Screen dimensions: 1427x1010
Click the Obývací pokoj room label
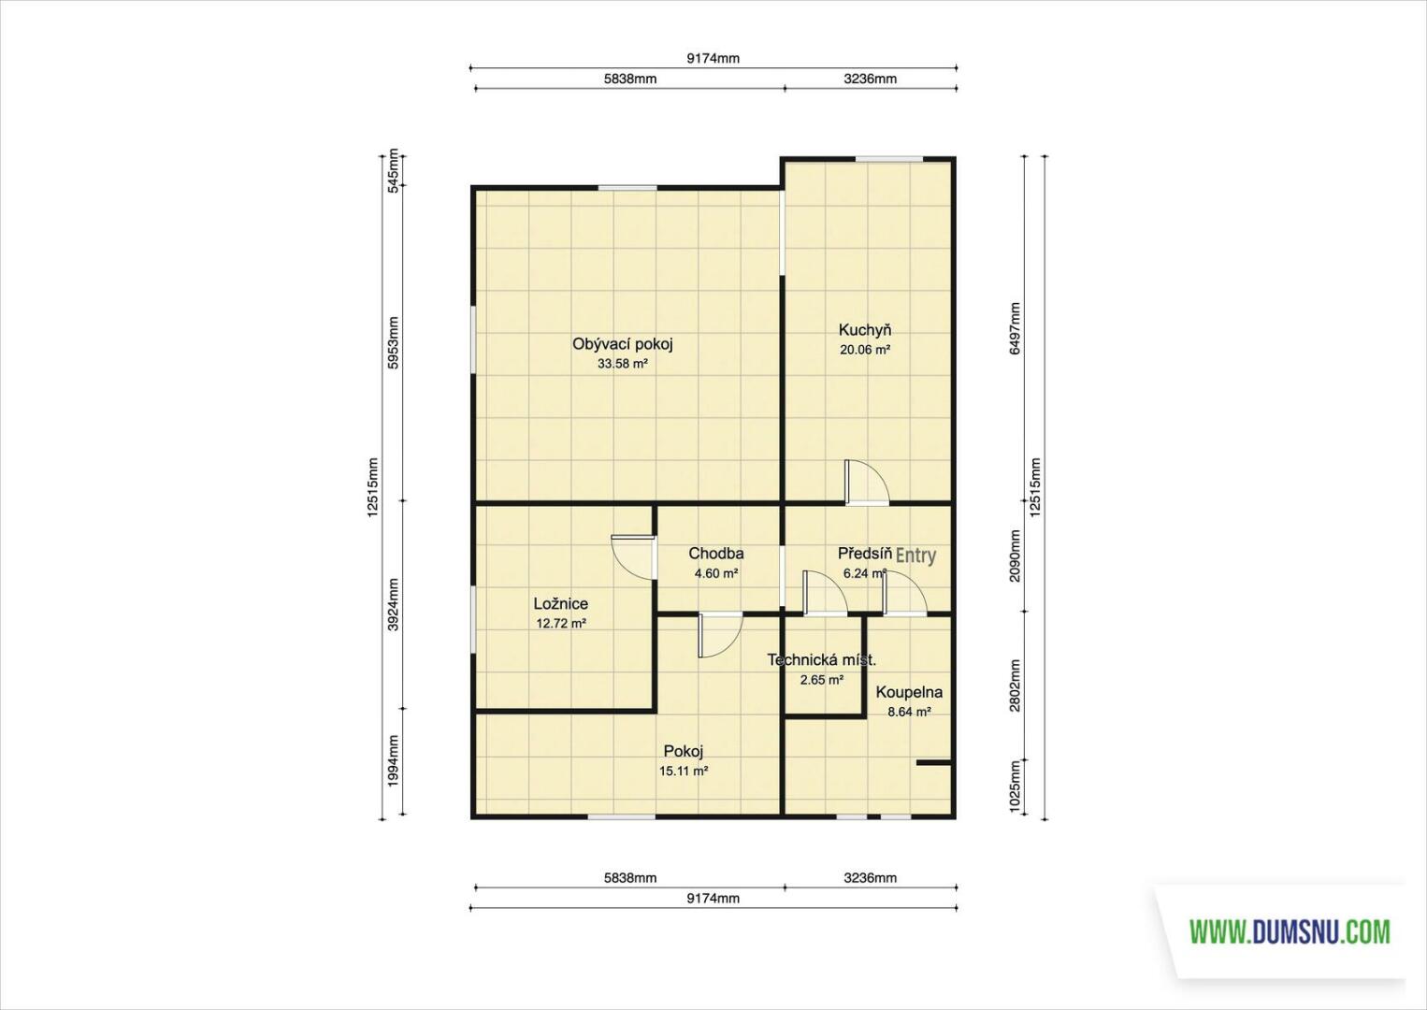(x=623, y=344)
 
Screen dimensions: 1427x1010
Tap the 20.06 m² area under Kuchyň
(x=864, y=349)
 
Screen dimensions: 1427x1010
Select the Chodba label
(x=716, y=553)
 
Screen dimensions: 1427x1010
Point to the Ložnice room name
(x=561, y=603)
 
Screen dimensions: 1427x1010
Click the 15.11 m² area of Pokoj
(x=684, y=771)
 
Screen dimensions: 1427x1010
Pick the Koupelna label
(x=909, y=692)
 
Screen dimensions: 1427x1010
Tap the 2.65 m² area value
(x=822, y=680)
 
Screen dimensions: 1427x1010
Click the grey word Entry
(x=916, y=555)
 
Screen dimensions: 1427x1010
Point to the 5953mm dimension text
(x=393, y=342)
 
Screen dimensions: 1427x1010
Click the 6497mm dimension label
(x=1015, y=328)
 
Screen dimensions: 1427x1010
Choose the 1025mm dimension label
(x=1015, y=787)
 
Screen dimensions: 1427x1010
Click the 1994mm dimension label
(x=393, y=760)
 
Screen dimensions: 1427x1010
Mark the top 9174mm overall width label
(x=713, y=59)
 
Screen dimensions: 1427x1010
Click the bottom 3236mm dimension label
(x=871, y=878)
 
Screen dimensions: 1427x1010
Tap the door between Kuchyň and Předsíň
(x=866, y=483)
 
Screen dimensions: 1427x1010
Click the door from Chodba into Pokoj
(x=720, y=635)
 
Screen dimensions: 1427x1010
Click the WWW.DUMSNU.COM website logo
(x=1290, y=932)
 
